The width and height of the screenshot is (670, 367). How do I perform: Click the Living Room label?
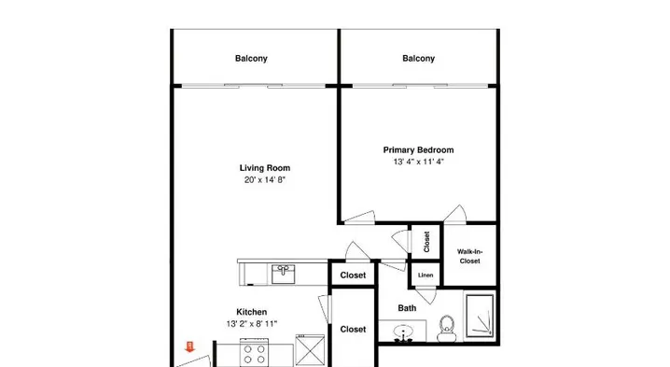coord(264,168)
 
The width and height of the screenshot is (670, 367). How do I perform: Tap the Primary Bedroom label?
coord(418,150)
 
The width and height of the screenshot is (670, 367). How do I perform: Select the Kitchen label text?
coord(252,312)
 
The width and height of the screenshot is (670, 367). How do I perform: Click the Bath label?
coord(407,308)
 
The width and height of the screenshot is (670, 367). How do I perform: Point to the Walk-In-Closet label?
coord(470,256)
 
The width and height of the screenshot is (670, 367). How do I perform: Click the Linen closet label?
coord(426,275)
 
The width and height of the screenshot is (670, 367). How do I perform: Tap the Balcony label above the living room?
coord(251,58)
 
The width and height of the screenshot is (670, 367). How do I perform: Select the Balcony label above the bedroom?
coord(418,58)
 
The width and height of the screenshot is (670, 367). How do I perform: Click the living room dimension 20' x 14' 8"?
coord(264,180)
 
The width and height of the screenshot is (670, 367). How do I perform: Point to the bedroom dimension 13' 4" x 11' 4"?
coord(418,162)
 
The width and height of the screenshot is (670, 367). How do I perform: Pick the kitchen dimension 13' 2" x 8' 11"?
coord(252,324)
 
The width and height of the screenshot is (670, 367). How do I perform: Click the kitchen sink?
coord(283,275)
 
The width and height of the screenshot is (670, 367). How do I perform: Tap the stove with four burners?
coord(254,352)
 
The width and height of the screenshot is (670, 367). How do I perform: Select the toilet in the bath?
coord(447,329)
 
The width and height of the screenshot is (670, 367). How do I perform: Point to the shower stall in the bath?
coord(480,316)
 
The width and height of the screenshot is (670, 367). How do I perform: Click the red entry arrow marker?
coord(190,346)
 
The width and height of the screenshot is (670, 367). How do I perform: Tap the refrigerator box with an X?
coord(310,350)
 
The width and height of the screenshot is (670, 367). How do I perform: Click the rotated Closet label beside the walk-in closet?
coord(426,242)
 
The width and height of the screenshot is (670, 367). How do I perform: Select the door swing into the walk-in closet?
coord(456,213)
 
